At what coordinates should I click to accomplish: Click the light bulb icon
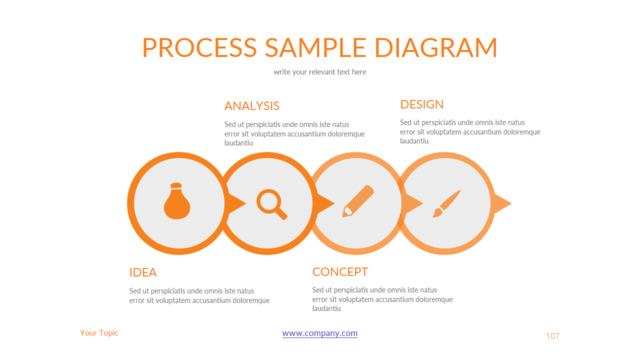[177, 201]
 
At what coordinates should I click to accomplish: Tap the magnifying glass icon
[271, 204]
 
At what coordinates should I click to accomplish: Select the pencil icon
[358, 201]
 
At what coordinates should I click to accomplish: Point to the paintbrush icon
[447, 203]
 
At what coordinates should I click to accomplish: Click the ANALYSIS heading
[252, 106]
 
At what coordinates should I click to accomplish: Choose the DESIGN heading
[422, 104]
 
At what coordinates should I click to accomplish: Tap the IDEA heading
[143, 272]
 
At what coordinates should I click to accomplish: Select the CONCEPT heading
[340, 272]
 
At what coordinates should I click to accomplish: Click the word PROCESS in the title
[200, 47]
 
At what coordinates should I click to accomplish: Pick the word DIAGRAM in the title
[436, 47]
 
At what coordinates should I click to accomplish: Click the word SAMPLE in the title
[316, 47]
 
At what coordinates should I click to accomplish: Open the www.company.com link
[320, 333]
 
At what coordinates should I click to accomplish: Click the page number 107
[553, 336]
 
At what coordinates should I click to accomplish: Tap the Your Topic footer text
[99, 333]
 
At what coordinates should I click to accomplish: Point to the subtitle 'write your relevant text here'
[320, 72]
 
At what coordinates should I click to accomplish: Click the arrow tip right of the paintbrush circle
[511, 203]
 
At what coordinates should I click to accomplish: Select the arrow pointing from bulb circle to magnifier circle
[236, 203]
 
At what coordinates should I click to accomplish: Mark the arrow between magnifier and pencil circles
[324, 203]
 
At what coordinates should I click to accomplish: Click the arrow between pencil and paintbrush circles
[413, 203]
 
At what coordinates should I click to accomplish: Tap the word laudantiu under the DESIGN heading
[414, 141]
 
